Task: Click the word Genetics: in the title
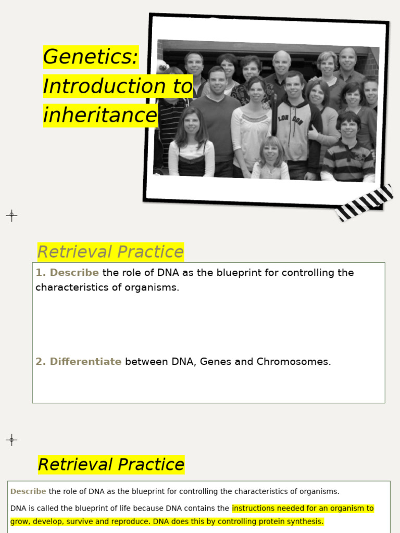click(91, 57)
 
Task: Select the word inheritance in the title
click(100, 115)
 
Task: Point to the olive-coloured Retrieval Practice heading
click(110, 252)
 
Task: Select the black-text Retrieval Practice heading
click(111, 464)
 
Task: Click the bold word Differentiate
click(85, 362)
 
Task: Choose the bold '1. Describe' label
click(67, 273)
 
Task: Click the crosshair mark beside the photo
click(11, 215)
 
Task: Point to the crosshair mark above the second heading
click(11, 440)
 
